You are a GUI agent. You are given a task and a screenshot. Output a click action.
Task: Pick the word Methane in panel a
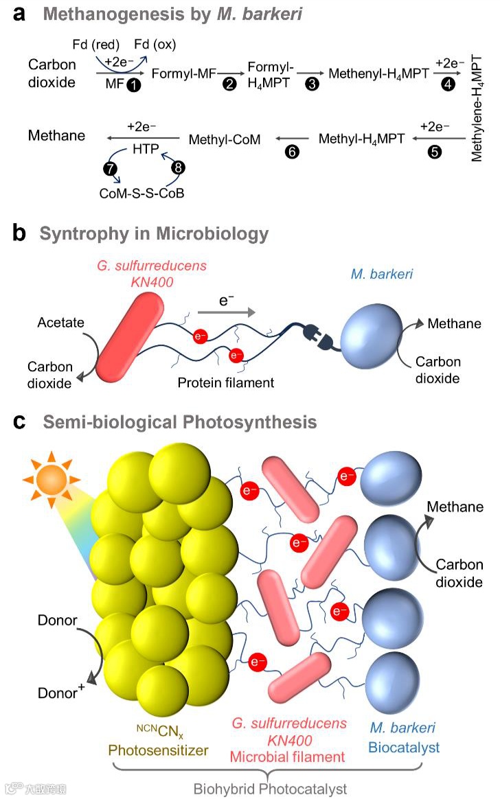(57, 135)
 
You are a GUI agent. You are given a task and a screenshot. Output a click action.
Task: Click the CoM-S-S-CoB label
(142, 194)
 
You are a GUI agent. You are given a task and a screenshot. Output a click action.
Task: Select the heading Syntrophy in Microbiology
(154, 234)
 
